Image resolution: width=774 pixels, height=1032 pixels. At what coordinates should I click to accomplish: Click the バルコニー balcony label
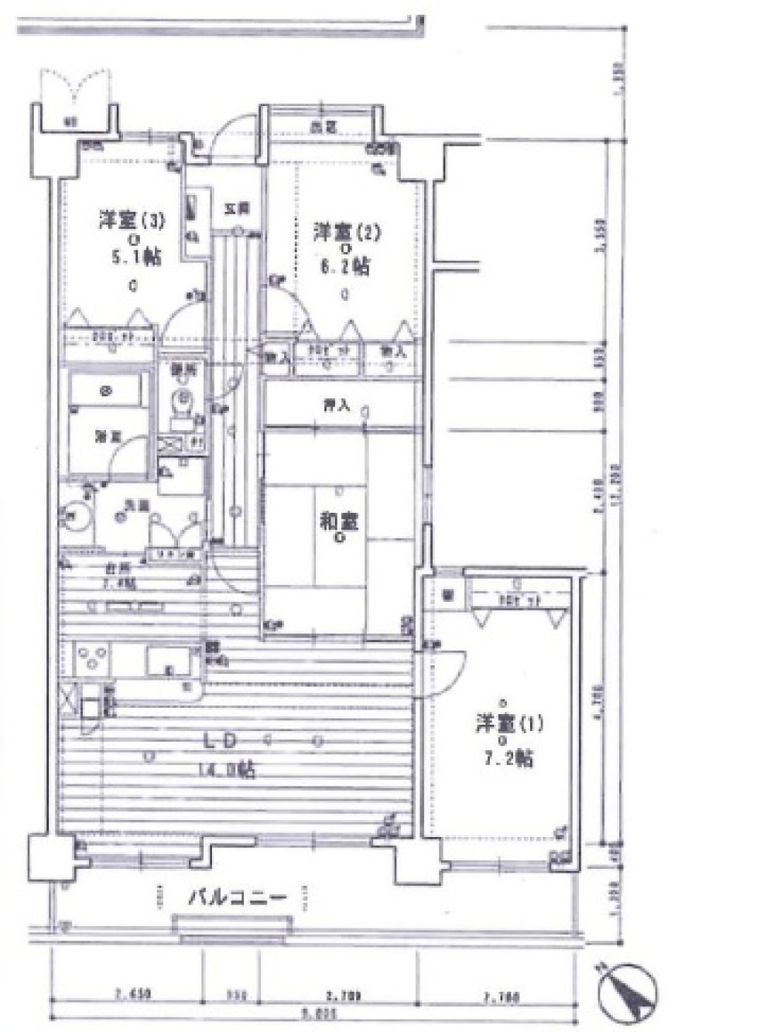point(238,898)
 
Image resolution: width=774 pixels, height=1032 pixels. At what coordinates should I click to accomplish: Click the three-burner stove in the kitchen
point(92,658)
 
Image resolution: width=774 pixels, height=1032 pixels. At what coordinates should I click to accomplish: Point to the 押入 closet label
point(336,405)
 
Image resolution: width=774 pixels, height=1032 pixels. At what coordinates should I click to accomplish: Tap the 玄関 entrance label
point(236,208)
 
